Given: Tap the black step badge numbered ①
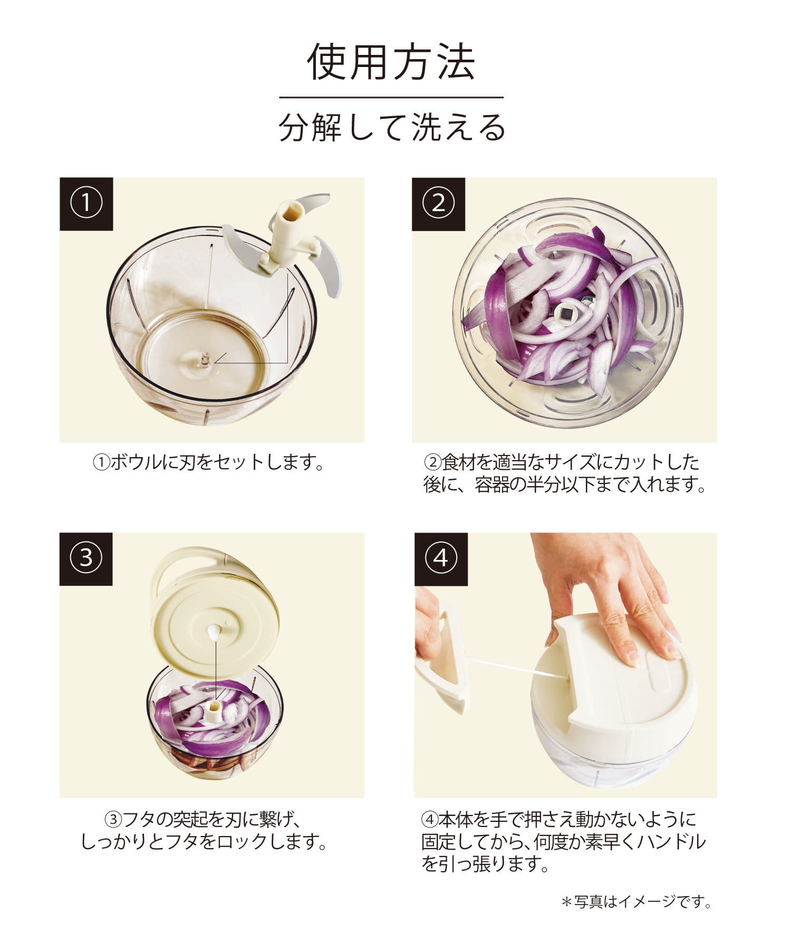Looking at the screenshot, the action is (86, 204).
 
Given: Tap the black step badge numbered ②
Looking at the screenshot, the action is (438, 204).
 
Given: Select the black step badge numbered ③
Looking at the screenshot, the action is (86, 559).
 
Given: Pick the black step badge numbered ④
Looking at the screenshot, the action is (441, 559).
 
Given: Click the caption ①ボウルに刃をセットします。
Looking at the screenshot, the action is (209, 463).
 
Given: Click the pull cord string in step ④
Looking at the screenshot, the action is (517, 667).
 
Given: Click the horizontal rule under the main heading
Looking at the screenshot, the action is (391, 98).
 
